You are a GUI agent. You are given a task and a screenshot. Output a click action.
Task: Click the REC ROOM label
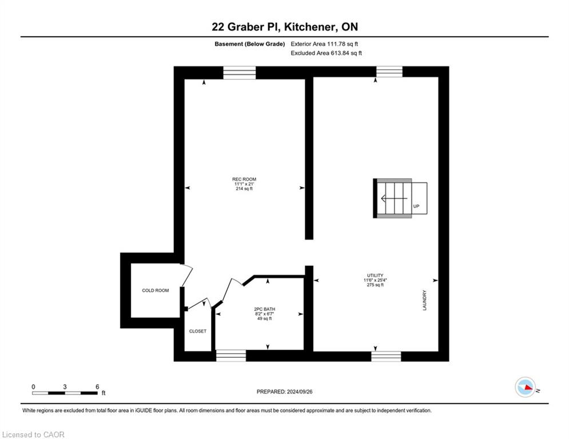[x=244, y=179]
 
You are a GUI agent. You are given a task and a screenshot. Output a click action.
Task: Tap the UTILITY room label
[x=375, y=276]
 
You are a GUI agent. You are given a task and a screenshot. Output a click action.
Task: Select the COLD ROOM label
[x=156, y=290]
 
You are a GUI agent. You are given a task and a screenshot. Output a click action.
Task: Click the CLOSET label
[x=198, y=331]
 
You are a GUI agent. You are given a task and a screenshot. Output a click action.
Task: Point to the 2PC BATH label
[x=265, y=309]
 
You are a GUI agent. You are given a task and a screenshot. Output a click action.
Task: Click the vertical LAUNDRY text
[x=424, y=300]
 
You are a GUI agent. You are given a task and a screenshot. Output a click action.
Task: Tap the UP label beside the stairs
[x=416, y=206]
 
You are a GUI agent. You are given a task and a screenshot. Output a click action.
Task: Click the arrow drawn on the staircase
[x=394, y=198]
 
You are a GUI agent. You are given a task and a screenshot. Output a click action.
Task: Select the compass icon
[x=526, y=387]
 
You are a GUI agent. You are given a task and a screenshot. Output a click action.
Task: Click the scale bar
[x=65, y=393]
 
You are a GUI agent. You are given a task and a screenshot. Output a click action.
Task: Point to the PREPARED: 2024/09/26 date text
[x=285, y=392]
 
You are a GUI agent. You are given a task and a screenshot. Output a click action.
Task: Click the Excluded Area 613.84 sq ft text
[x=326, y=53]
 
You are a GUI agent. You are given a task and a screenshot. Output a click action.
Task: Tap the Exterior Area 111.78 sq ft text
[x=324, y=44]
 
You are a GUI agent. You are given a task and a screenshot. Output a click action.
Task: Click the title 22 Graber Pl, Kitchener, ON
[x=285, y=26]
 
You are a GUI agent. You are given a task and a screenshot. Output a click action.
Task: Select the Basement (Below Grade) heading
[x=250, y=44]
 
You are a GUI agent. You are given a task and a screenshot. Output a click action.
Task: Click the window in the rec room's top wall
[x=239, y=73]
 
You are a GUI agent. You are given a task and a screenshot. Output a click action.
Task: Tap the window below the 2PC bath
[x=231, y=356]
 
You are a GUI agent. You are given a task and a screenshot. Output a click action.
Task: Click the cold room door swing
[x=186, y=275]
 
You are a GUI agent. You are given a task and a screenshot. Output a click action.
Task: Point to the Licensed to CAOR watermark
[x=33, y=434]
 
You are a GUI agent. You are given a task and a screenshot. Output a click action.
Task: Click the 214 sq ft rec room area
[x=244, y=189]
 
